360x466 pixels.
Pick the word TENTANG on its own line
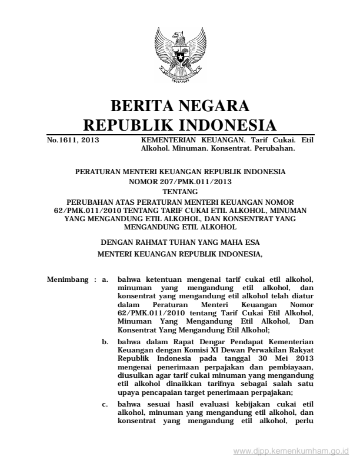180,192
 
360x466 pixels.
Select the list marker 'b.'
105,341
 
